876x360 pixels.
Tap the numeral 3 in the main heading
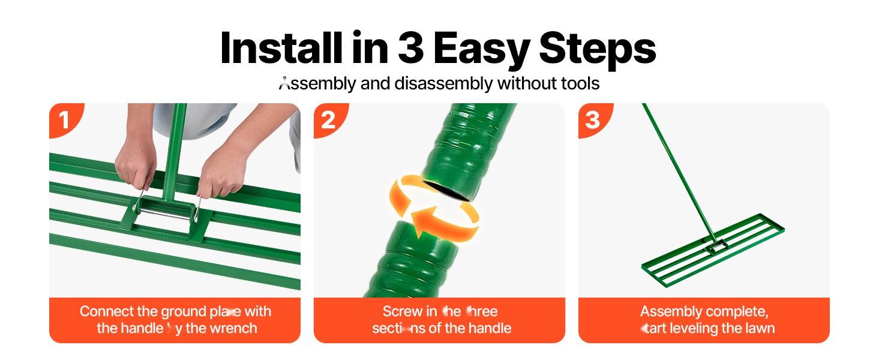410,48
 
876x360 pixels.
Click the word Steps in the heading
596,48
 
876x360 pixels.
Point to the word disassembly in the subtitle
443,83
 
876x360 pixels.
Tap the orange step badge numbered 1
64,120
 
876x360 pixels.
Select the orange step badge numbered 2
328,120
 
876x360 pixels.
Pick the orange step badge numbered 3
592,120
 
